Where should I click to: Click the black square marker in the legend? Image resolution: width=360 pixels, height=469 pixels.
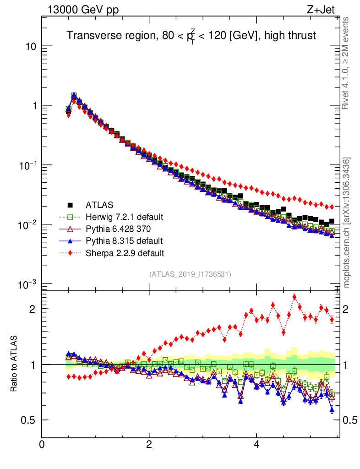pos(70,204)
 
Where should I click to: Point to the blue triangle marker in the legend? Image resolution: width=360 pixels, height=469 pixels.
pos(70,240)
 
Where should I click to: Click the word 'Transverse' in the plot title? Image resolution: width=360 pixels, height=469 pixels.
pos(90,36)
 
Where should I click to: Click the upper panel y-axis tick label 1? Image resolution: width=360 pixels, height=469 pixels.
pos(34,106)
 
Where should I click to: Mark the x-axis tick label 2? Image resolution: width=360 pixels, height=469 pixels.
pos(149,444)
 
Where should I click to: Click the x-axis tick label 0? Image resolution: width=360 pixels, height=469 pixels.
pos(42,444)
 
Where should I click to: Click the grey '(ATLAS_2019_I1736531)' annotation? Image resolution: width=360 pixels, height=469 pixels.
pos(190,274)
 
